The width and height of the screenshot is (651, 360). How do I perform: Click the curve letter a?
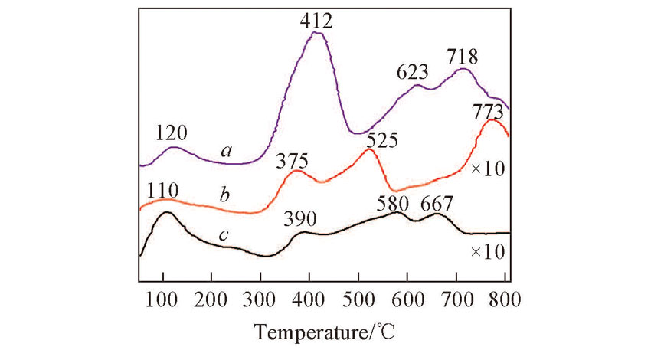click(226, 152)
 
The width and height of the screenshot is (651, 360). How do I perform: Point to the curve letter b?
click(224, 195)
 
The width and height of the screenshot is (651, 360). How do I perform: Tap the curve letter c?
click(221, 235)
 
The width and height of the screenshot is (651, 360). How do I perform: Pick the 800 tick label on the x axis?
click(506, 298)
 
